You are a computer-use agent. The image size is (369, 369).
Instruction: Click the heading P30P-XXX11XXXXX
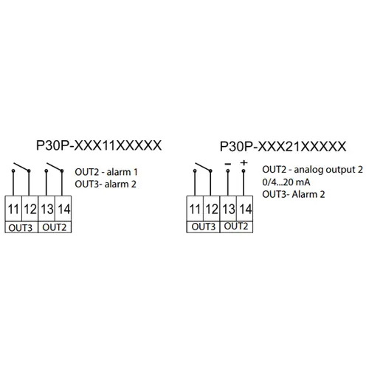tap(99, 145)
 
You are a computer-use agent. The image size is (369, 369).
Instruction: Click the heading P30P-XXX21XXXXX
tap(283, 147)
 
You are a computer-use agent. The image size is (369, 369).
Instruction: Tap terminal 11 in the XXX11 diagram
tap(13, 209)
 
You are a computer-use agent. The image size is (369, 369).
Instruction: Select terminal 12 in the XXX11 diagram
tap(30, 209)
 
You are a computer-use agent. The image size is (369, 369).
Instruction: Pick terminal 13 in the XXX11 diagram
tap(46, 209)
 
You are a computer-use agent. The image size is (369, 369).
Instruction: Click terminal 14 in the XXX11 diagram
tap(63, 209)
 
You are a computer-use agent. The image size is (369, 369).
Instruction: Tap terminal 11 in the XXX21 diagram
tap(195, 209)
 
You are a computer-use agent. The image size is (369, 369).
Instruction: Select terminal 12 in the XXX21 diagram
tap(212, 209)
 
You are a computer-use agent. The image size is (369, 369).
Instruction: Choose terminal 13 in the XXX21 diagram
tap(228, 209)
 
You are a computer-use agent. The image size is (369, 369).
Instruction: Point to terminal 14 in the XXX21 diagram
tap(245, 209)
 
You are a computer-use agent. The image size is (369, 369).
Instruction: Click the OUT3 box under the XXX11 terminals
tap(21, 227)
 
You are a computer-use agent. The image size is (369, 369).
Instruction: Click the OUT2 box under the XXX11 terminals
tap(55, 227)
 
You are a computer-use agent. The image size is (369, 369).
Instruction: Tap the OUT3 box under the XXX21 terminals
tap(203, 227)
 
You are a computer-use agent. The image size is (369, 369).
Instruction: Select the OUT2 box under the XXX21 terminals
tap(236, 227)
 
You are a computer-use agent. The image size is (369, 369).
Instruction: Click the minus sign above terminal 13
tap(228, 164)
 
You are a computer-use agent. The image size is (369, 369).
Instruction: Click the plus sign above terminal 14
tap(244, 162)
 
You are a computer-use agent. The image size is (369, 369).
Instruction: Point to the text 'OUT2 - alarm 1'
tap(106, 172)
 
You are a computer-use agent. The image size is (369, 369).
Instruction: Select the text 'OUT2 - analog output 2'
tap(312, 170)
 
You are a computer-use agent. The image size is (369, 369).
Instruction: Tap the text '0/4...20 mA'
tap(286, 182)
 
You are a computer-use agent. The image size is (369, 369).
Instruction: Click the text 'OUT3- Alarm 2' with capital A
tap(294, 194)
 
